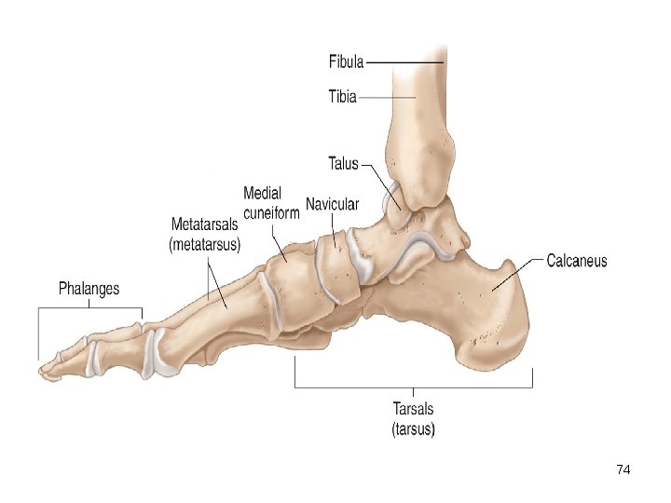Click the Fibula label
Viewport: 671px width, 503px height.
coord(346,62)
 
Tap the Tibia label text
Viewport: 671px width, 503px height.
coord(343,96)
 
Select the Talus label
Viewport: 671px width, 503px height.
coord(343,163)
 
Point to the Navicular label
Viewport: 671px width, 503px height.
coord(332,205)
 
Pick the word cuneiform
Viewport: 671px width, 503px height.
coord(271,212)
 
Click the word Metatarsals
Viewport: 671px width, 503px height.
coord(204,225)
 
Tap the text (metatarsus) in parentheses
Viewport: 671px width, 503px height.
coord(204,245)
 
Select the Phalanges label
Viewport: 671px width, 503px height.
coord(89,288)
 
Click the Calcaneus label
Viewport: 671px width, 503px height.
coord(576,261)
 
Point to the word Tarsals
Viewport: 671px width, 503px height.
coord(412,409)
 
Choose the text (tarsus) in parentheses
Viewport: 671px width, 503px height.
coord(412,428)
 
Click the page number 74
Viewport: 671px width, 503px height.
coord(623,470)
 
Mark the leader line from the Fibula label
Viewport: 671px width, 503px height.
coord(405,62)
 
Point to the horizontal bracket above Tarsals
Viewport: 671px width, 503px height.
coord(414,386)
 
